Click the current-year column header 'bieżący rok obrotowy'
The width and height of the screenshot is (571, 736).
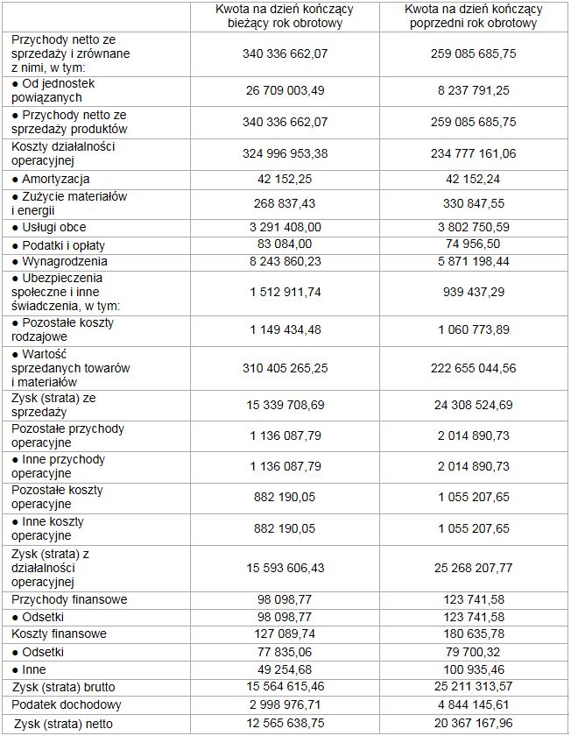[285, 16]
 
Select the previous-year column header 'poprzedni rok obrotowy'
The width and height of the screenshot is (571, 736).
[473, 16]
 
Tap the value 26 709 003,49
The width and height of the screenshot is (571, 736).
[285, 90]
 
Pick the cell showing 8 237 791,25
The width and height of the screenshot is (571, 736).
[474, 90]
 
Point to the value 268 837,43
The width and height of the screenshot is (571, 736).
[285, 203]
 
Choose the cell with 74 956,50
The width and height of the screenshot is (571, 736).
[474, 244]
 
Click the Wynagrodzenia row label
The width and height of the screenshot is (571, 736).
[60, 261]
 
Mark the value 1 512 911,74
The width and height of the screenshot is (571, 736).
[285, 292]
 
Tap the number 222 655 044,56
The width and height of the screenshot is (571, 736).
[474, 369]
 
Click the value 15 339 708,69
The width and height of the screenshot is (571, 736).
[285, 405]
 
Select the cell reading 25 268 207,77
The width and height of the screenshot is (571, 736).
[474, 568]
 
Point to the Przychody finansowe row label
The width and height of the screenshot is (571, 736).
[69, 599]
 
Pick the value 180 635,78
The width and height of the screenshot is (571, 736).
[474, 634]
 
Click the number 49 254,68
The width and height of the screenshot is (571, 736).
[285, 669]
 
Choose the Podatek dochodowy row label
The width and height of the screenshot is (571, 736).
[66, 704]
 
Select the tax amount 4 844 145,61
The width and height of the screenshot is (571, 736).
[474, 704]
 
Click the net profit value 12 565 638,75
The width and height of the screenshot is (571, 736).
[285, 724]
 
